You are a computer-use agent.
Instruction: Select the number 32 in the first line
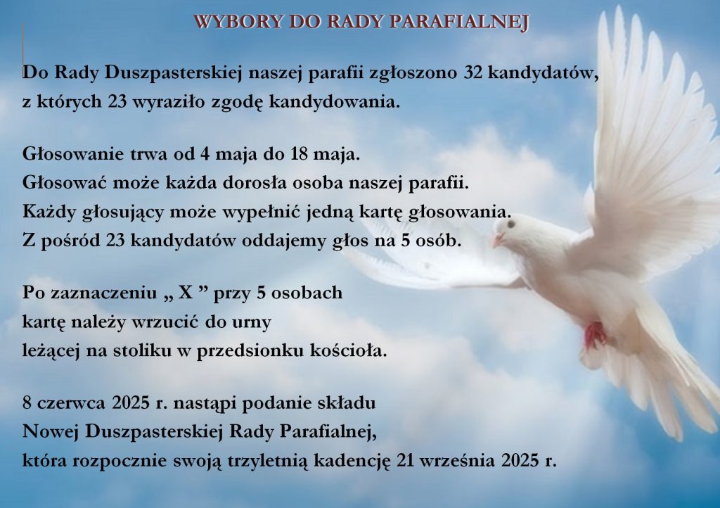(x=473, y=73)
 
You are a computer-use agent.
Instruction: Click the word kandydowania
(x=335, y=101)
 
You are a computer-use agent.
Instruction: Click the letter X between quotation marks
(x=186, y=293)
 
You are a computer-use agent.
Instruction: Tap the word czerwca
(x=72, y=403)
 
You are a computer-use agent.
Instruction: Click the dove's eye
(x=510, y=224)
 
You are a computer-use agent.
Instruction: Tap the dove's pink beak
(x=499, y=239)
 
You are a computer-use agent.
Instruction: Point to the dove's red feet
(x=595, y=334)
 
